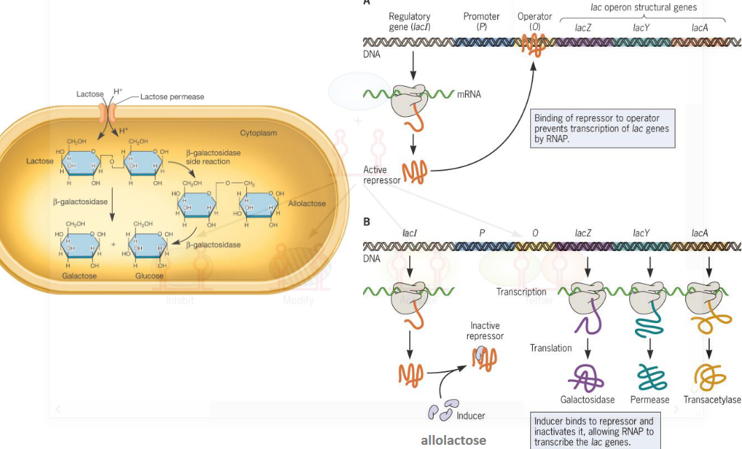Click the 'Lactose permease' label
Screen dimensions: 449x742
[x=172, y=97]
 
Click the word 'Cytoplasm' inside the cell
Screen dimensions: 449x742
[x=259, y=132]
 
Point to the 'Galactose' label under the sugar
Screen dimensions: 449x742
[x=79, y=276]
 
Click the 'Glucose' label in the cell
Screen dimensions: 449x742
[x=149, y=276]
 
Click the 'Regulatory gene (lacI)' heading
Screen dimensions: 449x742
[x=410, y=21]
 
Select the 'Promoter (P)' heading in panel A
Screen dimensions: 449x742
[x=481, y=21]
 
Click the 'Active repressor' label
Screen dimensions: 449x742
[x=381, y=175]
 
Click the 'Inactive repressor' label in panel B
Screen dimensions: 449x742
[x=485, y=331]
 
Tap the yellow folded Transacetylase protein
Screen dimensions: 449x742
[x=710, y=378]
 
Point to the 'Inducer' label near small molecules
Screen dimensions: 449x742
[x=470, y=415]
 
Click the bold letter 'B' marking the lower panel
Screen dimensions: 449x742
[x=367, y=221]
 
